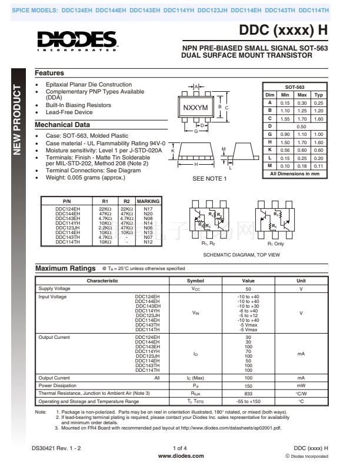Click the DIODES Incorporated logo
78,41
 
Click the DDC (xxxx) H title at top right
284,32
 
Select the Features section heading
49,73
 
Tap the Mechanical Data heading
62,125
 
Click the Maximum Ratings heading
65,268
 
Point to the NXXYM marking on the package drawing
196,108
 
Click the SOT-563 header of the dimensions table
294,86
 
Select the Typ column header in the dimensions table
318,95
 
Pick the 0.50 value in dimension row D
302,126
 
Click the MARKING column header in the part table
148,201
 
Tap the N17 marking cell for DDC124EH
148,209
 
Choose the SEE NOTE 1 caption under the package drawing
209,179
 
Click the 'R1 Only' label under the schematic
276,244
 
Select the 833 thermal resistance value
248,392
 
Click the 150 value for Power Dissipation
248,385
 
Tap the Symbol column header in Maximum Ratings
195,281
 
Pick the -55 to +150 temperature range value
248,401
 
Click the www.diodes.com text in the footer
181,455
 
